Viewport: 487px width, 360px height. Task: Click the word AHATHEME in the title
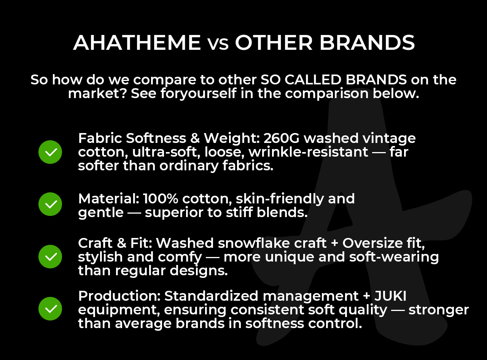(137, 43)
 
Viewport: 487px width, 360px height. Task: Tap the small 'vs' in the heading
(218, 44)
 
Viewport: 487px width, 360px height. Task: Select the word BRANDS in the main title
(367, 43)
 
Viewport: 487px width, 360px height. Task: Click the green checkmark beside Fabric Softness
(50, 152)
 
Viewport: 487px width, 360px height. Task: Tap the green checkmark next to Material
(50, 204)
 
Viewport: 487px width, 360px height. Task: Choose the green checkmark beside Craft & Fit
(50, 257)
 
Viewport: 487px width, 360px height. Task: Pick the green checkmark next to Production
(50, 309)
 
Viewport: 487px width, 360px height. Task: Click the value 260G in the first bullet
(282, 138)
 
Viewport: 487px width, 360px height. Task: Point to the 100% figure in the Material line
(161, 199)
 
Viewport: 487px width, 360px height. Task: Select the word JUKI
(390, 296)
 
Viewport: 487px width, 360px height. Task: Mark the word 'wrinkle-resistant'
(309, 152)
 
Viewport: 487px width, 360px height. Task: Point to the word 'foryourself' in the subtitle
(199, 94)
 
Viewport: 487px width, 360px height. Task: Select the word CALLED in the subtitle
(313, 79)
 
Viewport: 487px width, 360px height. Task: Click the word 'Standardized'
(211, 296)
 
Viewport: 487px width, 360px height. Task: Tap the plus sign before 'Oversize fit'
(334, 244)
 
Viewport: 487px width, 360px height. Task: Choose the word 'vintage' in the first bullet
(389, 139)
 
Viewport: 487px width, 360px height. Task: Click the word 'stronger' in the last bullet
(438, 310)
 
